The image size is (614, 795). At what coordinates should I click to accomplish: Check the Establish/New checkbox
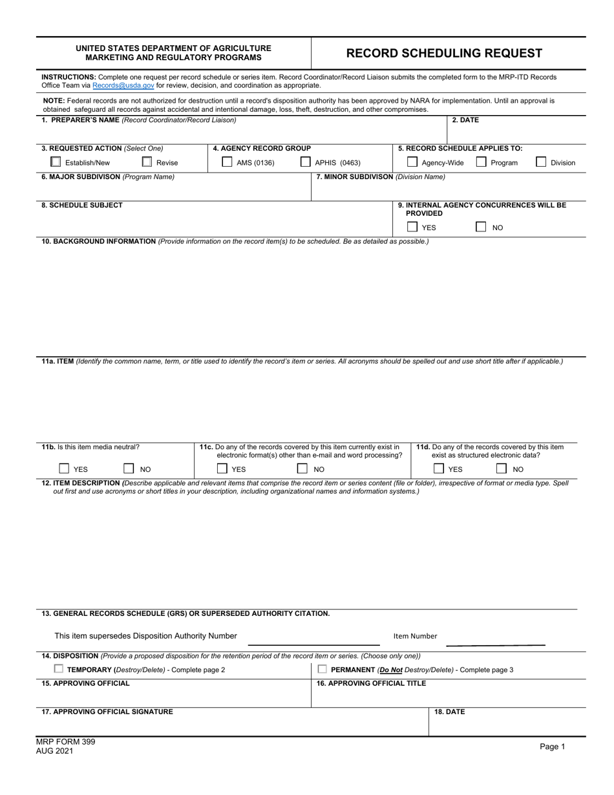56,162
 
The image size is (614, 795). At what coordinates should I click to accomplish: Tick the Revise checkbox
147,162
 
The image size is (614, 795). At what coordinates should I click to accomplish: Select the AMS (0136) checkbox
227,162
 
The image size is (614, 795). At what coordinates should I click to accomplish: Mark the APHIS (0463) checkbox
305,162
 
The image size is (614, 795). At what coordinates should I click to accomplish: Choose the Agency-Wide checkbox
412,162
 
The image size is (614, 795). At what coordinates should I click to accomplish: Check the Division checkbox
541,162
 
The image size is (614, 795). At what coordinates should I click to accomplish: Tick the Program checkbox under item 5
481,162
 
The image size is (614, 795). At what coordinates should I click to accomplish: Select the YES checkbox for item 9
412,227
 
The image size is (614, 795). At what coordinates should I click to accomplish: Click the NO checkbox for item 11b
129,469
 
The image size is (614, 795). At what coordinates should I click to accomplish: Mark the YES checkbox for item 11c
222,469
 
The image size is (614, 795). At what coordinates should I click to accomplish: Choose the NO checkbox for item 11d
502,469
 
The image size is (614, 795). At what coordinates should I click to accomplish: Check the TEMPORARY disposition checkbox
59,669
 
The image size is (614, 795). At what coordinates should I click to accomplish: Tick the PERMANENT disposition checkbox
323,669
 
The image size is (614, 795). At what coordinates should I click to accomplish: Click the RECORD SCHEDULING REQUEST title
444,54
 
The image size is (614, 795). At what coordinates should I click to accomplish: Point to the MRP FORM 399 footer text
65,742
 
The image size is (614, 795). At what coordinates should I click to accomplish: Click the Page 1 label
552,747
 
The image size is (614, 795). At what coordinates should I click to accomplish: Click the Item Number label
415,636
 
